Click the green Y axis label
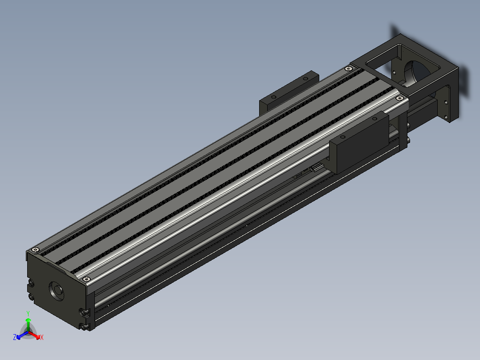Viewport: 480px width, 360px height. coord(28,313)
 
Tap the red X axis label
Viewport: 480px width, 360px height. coord(42,337)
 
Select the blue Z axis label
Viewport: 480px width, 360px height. coord(15,337)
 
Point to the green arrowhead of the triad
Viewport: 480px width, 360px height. coord(28,320)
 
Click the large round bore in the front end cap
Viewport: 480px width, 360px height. coord(56,291)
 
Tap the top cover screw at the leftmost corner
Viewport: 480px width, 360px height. coord(36,250)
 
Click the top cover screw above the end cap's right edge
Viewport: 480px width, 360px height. coord(87,279)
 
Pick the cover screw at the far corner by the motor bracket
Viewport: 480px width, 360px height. coord(348,69)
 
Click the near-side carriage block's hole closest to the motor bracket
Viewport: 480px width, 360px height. coord(375,118)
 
